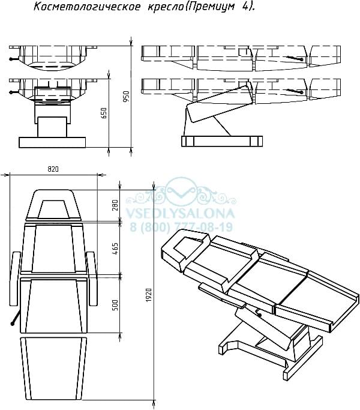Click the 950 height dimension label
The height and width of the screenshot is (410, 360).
point(126,97)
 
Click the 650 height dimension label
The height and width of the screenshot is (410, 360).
point(104,113)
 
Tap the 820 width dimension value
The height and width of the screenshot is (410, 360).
point(53,169)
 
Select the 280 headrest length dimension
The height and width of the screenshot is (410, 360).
point(115,205)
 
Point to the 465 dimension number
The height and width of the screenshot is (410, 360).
point(115,249)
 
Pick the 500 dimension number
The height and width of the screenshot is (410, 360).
point(115,305)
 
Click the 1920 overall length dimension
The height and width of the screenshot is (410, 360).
point(149,295)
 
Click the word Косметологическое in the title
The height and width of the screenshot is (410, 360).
point(87,7)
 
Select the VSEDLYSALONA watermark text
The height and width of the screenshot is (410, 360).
point(180,214)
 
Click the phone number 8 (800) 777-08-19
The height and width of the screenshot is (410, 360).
point(181,227)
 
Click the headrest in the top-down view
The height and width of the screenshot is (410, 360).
point(53,204)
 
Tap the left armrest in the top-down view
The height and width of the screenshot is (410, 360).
point(15,279)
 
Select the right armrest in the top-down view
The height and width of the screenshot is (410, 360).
point(92,279)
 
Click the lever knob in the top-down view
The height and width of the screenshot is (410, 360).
point(12,324)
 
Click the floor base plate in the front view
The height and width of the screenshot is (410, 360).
point(52,142)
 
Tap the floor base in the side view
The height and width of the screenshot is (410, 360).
point(222,141)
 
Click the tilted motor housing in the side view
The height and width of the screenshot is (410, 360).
point(220,104)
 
